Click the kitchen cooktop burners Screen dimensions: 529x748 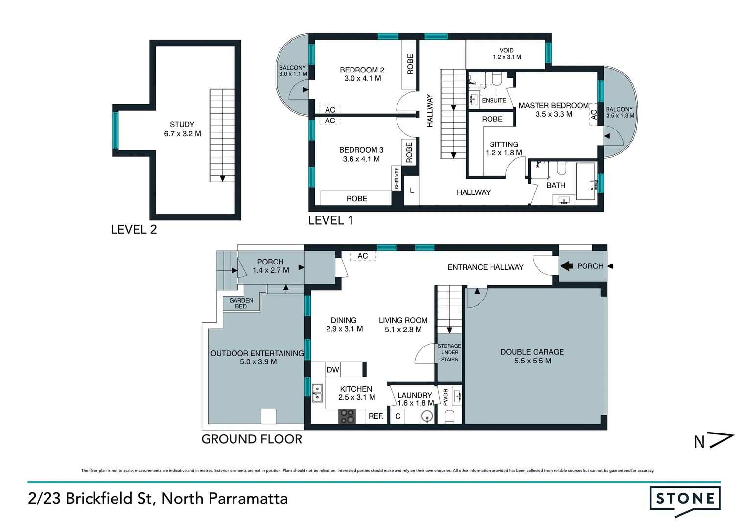[348, 416]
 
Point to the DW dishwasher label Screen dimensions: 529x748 [333, 370]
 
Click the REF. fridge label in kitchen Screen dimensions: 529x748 [376, 416]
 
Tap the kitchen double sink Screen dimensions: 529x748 [317, 393]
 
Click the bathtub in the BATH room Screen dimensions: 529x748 [586, 181]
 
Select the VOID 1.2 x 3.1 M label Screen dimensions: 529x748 [507, 53]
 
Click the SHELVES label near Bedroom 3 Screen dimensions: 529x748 [397, 178]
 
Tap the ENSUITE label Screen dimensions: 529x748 [494, 101]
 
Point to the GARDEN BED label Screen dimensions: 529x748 [241, 303]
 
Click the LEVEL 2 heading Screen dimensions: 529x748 [134, 229]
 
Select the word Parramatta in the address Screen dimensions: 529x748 [248, 498]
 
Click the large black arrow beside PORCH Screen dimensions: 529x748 [566, 266]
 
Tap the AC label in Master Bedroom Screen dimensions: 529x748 [594, 115]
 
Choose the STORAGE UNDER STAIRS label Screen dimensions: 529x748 [449, 353]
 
